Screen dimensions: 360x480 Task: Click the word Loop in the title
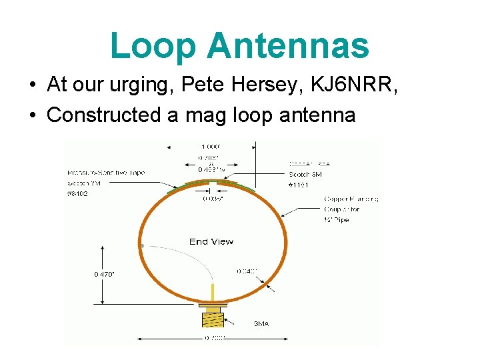coord(153,46)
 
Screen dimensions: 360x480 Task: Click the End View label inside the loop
coord(211,241)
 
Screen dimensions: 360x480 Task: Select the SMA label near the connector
coord(261,324)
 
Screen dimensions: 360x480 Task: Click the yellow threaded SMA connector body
coord(213,319)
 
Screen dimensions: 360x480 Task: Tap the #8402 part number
coord(79,193)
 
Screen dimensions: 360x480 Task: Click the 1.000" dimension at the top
coord(210,146)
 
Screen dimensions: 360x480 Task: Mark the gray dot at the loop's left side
coord(142,246)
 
